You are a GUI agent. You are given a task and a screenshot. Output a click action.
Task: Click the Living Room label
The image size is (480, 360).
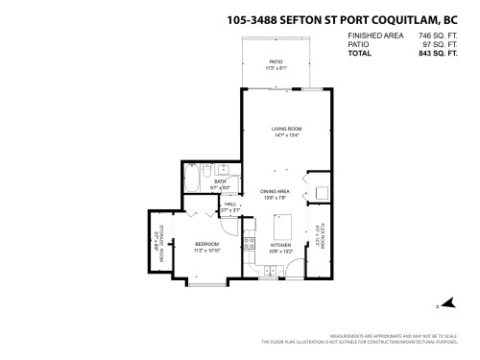tap(286, 128)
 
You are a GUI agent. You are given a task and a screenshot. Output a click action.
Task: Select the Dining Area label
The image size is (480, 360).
tap(275, 192)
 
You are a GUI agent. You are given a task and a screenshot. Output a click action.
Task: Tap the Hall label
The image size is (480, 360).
tap(230, 204)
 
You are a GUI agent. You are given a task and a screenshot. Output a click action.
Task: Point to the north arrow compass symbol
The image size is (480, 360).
tap(438, 306)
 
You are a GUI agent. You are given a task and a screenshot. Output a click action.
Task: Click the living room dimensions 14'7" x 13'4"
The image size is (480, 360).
tap(286, 133)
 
